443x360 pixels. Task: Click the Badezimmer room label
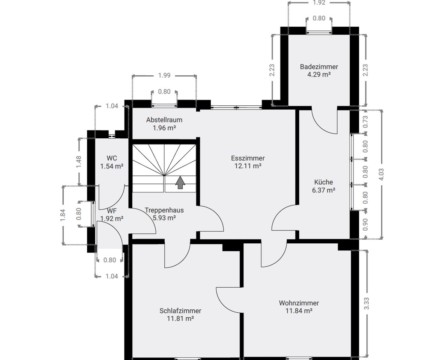[319, 67]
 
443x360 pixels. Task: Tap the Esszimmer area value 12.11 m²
[248, 166]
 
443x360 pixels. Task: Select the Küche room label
[323, 182]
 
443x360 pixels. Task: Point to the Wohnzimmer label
[299, 303]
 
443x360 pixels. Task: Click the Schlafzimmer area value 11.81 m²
[180, 318]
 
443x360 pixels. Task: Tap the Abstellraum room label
[164, 120]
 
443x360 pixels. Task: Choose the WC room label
[112, 158]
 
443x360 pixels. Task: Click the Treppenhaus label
[164, 210]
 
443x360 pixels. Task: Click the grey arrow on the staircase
[180, 182]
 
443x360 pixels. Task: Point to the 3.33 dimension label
[366, 303]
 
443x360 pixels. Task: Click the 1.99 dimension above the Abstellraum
[164, 75]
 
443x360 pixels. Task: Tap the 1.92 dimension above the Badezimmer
[319, 3]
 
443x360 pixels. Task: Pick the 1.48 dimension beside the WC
[78, 162]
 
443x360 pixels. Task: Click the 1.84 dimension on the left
[63, 215]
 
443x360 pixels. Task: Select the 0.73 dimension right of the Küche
[365, 121]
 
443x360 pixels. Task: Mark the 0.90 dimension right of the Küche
[365, 225]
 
